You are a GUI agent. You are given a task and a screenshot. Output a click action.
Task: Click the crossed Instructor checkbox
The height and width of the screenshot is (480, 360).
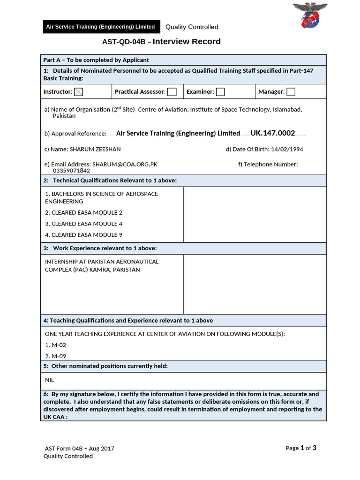tap(78, 92)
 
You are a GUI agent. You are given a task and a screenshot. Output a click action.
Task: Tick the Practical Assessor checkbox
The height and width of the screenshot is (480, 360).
tap(172, 92)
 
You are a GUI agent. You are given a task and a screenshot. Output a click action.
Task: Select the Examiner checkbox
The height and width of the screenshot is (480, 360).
tap(220, 92)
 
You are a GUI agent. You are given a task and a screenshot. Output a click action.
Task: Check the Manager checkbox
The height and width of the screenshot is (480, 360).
tap(291, 92)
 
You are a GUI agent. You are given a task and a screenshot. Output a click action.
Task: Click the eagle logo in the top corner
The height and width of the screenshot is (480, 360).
tap(310, 15)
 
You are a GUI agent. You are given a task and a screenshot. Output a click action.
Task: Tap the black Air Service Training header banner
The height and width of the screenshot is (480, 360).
tap(100, 27)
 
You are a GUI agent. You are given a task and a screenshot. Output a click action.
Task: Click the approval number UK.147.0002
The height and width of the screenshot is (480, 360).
tap(272, 133)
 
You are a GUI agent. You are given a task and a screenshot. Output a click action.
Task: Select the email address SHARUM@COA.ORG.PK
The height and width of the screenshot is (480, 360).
tap(125, 165)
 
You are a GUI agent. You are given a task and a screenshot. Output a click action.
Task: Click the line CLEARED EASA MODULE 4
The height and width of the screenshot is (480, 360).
tap(84, 224)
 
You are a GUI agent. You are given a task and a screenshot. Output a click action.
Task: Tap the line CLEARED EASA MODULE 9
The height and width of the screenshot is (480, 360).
tap(84, 235)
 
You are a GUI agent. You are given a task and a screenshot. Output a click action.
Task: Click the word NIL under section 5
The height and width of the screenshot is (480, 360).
tap(50, 380)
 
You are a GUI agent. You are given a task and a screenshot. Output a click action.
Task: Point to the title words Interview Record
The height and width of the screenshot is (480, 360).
tap(187, 42)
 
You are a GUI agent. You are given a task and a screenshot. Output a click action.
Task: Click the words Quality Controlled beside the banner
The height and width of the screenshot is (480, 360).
tap(192, 27)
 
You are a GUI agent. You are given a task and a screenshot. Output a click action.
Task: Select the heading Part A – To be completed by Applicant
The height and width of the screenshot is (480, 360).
tap(96, 60)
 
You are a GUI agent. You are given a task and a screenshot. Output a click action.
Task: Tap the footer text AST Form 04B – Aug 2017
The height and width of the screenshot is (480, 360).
tap(79, 448)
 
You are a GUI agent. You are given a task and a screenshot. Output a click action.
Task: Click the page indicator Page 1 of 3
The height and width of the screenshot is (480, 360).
tap(301, 448)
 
